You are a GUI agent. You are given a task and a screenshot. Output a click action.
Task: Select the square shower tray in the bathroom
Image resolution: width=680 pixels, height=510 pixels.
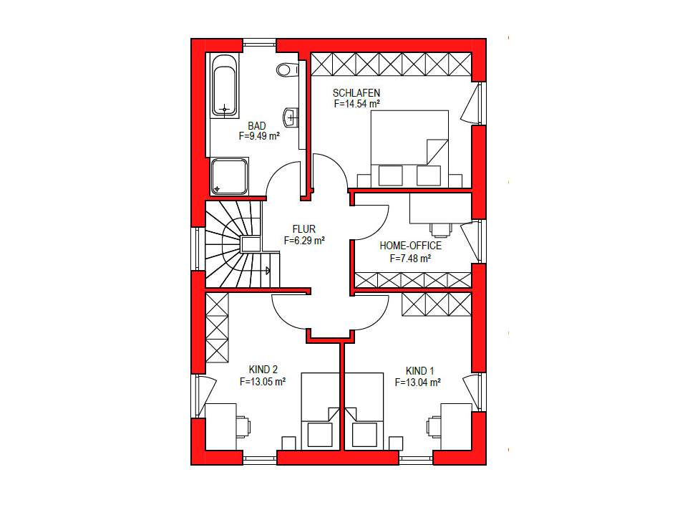pyautogui.click(x=229, y=176)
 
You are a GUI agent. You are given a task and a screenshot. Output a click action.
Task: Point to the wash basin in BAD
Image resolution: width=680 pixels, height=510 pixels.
pyautogui.click(x=290, y=116)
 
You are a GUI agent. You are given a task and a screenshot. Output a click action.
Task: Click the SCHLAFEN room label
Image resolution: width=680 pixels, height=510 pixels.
pyautogui.click(x=356, y=93)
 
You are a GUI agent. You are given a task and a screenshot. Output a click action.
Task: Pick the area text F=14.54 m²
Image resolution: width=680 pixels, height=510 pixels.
pyautogui.click(x=356, y=103)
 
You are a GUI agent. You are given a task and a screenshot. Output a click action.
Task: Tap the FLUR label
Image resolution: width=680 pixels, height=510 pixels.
pyautogui.click(x=304, y=230)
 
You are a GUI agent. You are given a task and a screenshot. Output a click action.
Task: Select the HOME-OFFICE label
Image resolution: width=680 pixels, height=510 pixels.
pyautogui.click(x=410, y=246)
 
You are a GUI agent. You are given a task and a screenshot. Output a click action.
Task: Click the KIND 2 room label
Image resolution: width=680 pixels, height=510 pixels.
pyautogui.click(x=263, y=370)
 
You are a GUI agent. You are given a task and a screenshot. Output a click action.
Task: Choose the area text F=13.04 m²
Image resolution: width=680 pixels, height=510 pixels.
pyautogui.click(x=417, y=382)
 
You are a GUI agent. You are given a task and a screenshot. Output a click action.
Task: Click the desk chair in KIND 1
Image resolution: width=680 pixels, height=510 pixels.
pyautogui.click(x=434, y=426)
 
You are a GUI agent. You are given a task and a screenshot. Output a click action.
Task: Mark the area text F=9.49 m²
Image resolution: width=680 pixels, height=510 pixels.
pyautogui.click(x=259, y=135)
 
